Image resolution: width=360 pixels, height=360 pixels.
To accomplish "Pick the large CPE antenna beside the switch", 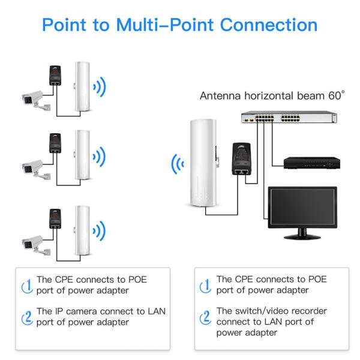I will [202, 162].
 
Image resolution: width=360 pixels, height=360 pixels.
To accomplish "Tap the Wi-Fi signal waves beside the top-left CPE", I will [100, 88].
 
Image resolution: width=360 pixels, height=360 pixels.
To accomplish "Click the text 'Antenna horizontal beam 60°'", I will [272, 95].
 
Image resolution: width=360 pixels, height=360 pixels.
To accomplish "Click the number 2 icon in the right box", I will [205, 317].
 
